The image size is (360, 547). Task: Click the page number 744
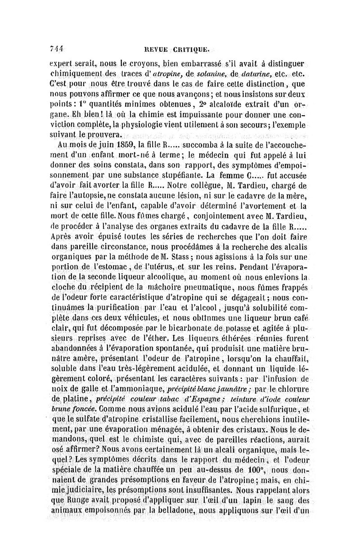click(x=56, y=49)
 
